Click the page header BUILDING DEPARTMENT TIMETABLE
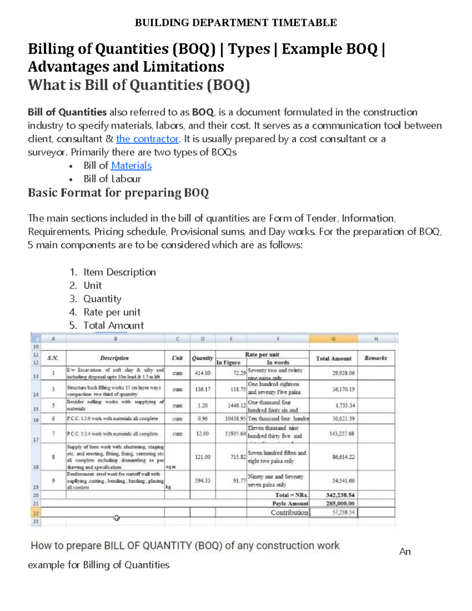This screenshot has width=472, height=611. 236,22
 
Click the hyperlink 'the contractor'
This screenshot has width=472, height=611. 147,139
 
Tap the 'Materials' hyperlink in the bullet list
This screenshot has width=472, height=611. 131,166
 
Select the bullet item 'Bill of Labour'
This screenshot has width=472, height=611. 112,179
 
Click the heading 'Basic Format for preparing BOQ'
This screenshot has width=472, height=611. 118,193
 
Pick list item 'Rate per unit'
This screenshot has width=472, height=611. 112,312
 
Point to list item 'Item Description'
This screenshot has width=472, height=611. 119,272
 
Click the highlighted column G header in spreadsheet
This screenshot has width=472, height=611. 333,339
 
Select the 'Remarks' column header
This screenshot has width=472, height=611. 376,358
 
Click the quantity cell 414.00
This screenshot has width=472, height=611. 203,373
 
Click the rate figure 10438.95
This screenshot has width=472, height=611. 235,419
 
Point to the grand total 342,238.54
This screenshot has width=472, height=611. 340,495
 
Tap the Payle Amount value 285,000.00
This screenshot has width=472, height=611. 340,504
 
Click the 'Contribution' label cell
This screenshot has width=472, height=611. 289,512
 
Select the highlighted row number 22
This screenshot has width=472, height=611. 36,513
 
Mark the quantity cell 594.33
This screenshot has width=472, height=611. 203,480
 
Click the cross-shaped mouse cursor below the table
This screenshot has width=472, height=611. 116,518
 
